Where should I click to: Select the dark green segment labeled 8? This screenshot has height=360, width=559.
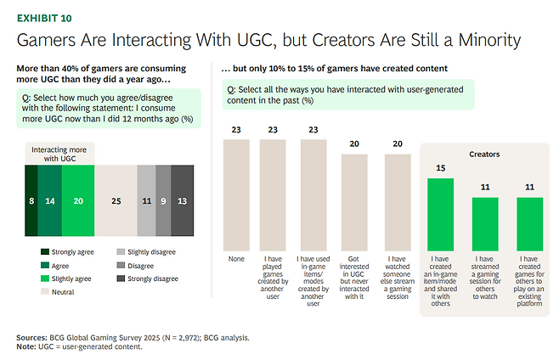tap(31, 200)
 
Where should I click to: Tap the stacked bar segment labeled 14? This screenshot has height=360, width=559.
tap(50, 200)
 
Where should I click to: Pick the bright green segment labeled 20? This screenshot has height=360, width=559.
tap(77, 200)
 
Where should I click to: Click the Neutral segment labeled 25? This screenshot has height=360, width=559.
tap(115, 200)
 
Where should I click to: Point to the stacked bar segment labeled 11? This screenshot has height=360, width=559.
tap(145, 200)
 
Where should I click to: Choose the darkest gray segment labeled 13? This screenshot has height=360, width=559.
tap(183, 200)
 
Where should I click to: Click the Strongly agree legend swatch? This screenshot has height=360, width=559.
tap(45, 251)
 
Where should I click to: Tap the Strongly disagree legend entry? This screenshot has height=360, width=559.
tap(150, 277)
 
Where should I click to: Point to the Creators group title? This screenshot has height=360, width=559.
tap(484, 155)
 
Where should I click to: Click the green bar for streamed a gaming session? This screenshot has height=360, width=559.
tap(485, 222)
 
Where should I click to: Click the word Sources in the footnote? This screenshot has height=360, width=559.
tap(34, 336)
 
